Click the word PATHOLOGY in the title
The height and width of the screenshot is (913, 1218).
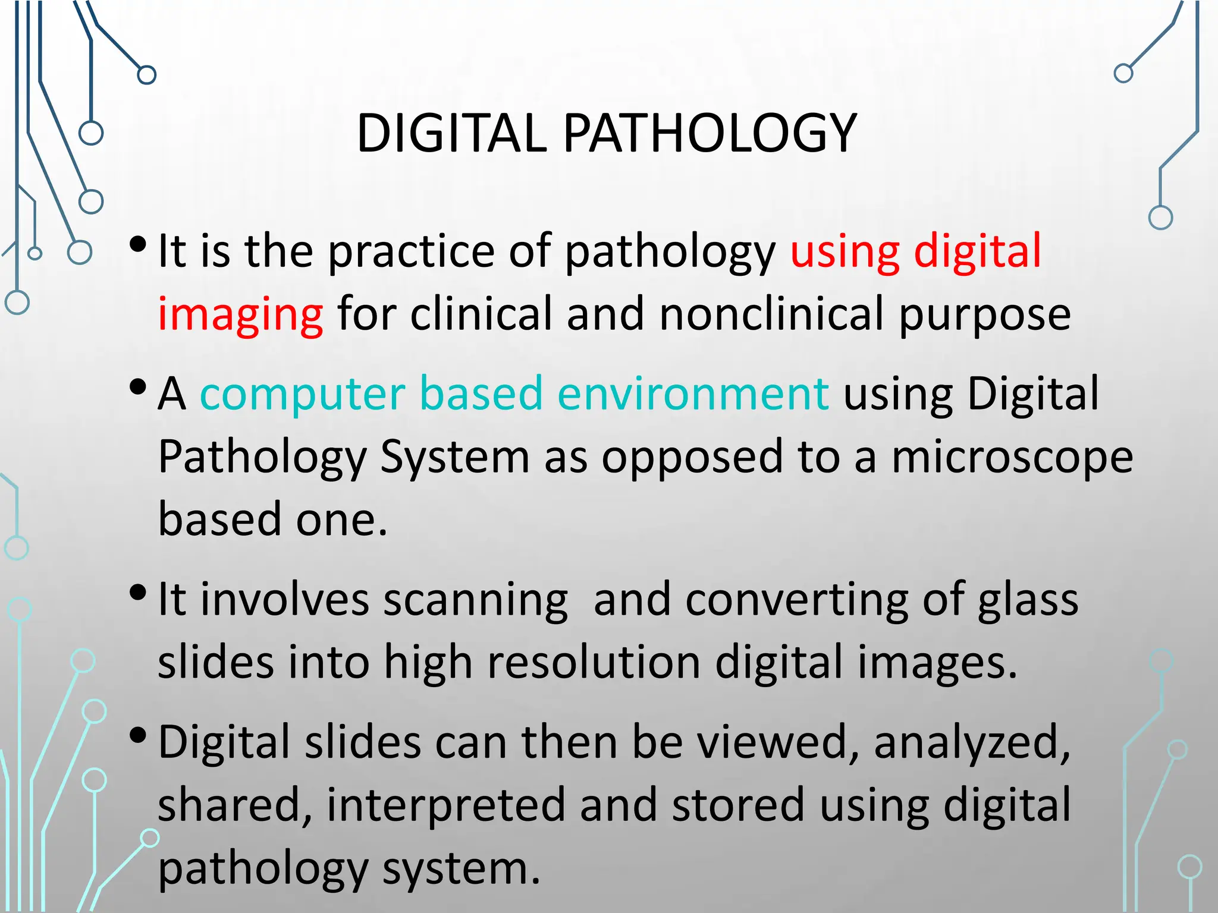point(709,133)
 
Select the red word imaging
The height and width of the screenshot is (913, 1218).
point(240,315)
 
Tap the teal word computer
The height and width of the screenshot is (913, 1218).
point(302,395)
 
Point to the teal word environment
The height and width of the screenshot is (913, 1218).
point(693,395)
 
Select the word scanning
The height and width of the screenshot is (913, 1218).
point(476,600)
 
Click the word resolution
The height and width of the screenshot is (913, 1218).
point(594,663)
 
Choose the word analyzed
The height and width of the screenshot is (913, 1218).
point(972,743)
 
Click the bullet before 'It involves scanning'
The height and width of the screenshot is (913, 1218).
point(137,593)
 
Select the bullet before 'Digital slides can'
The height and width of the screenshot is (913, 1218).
point(137,736)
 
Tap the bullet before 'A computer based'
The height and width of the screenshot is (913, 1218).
point(137,388)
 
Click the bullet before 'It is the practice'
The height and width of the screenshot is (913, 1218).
point(137,244)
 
